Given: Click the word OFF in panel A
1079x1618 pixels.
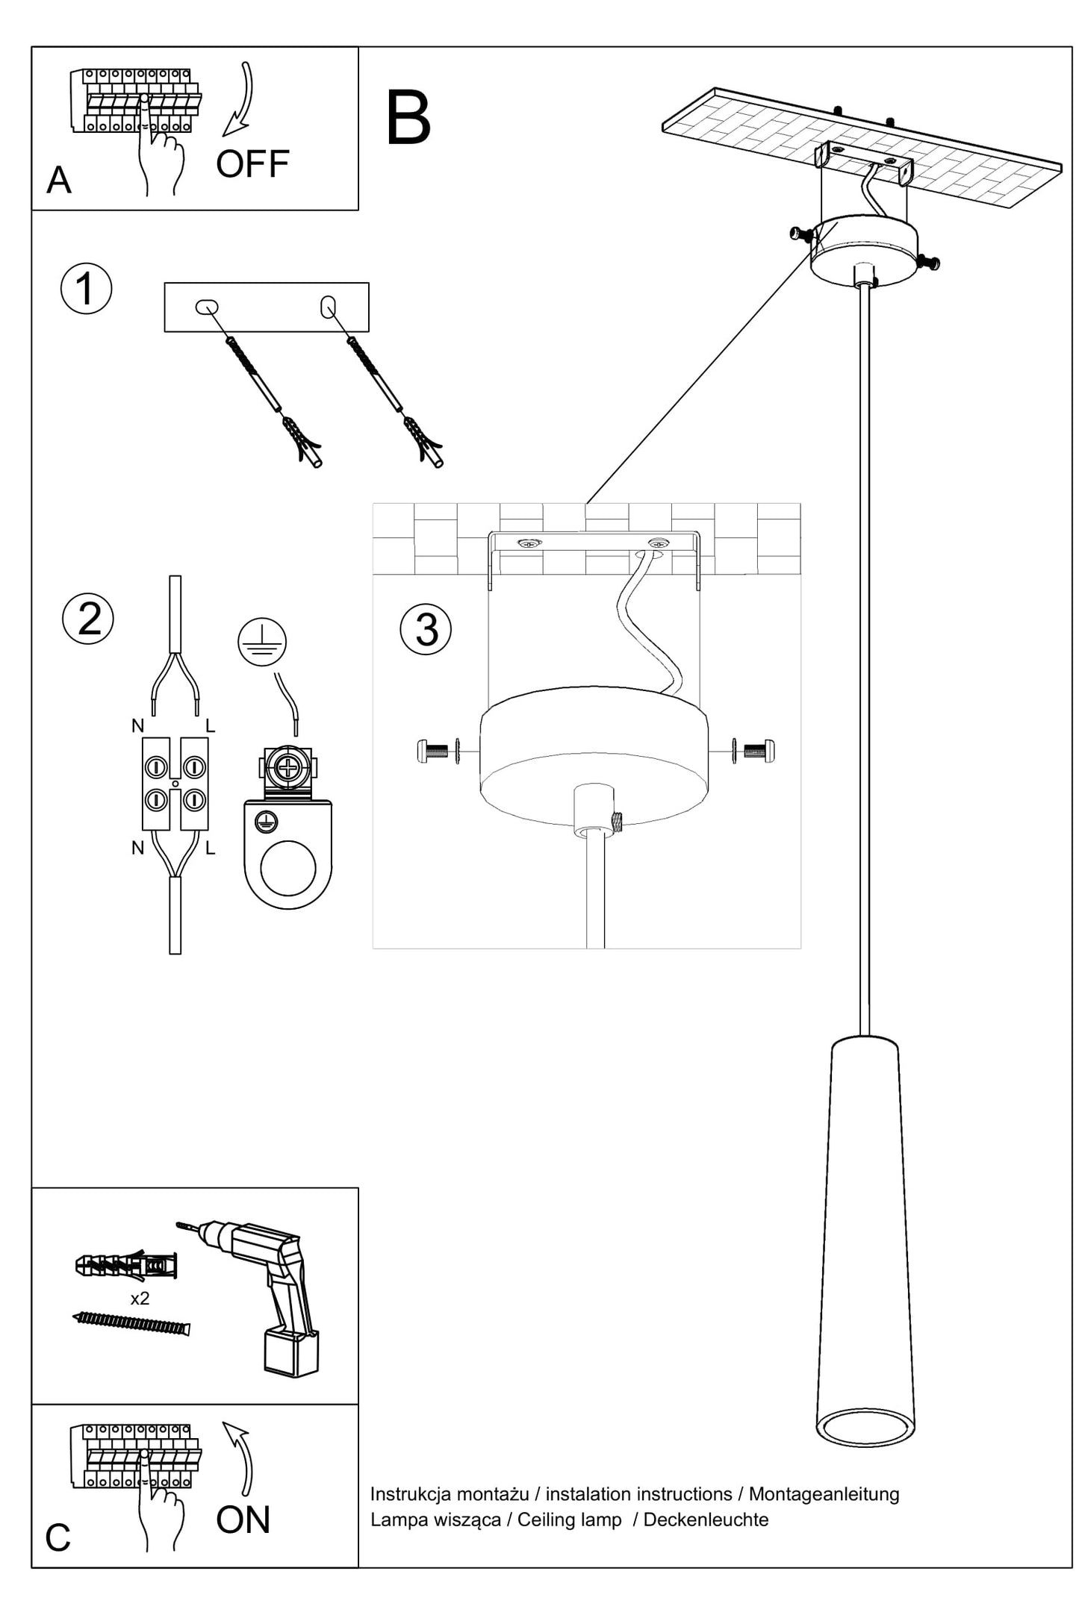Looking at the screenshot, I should point(252,164).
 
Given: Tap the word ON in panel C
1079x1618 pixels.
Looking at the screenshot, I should point(243,1519).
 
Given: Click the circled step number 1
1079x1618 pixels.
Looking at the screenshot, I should point(86,289).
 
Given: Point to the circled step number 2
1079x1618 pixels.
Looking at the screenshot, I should point(88,619).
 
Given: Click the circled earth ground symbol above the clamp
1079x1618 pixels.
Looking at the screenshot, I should point(262,642).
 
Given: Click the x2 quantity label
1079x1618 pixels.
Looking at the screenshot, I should point(140,1299).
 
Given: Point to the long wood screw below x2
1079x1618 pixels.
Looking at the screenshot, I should point(133,1323).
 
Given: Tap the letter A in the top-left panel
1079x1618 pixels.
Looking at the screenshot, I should point(59,181).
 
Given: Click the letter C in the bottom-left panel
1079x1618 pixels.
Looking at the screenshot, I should point(57,1537).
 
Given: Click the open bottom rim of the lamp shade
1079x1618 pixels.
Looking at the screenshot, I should point(865,1428).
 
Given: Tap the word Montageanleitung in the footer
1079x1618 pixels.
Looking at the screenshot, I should point(824,1493).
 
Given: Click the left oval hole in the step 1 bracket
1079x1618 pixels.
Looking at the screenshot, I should point(206,307).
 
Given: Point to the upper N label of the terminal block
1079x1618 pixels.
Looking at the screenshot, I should point(137,725).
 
